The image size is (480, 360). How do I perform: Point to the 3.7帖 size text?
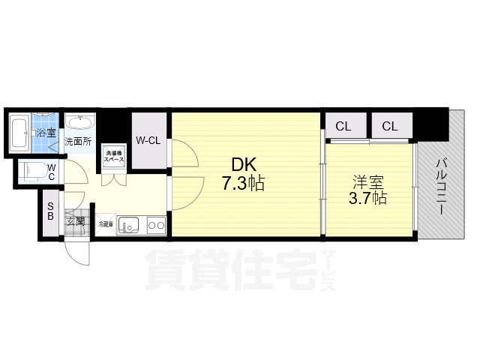[368, 199]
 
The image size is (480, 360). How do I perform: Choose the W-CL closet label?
[148, 139]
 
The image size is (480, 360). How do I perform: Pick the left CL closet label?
[343, 126]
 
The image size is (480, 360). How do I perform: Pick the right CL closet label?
[389, 126]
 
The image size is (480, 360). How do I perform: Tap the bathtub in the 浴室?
[21, 133]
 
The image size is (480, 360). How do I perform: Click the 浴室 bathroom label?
[46, 133]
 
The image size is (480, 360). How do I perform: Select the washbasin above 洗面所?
[78, 123]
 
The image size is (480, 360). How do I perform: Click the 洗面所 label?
[77, 140]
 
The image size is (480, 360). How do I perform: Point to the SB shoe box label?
[51, 212]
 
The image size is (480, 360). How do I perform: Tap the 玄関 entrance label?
[76, 220]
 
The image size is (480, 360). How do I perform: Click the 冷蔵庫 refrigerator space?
[104, 223]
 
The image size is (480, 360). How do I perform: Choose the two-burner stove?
[156, 224]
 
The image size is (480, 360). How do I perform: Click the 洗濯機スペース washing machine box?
[113, 156]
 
